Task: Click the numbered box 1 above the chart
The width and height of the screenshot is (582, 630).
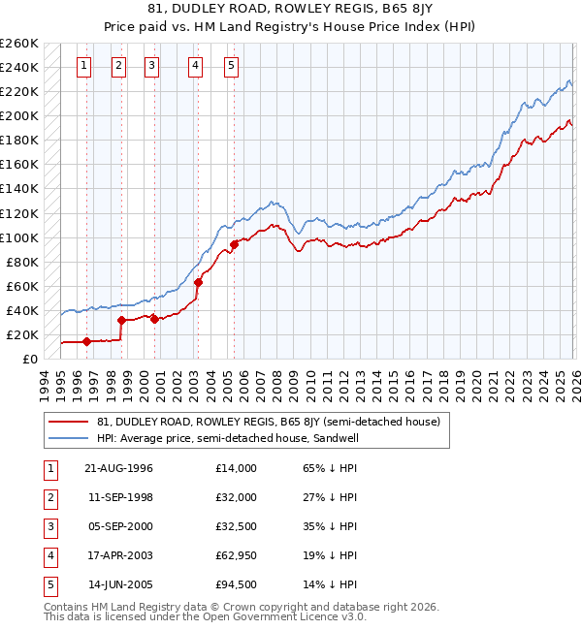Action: pyautogui.click(x=85, y=66)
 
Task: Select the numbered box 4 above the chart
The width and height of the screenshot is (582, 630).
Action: pyautogui.click(x=196, y=66)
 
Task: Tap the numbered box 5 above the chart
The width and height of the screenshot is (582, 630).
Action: pyautogui.click(x=233, y=66)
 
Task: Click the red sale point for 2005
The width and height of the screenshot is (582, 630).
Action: pyautogui.click(x=234, y=244)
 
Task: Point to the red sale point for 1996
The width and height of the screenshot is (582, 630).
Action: pyautogui.click(x=86, y=341)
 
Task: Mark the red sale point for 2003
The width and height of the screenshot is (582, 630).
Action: pyautogui.click(x=198, y=282)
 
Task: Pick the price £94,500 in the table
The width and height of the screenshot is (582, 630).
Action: pyautogui.click(x=237, y=584)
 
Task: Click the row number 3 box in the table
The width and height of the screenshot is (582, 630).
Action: pyautogui.click(x=49, y=526)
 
